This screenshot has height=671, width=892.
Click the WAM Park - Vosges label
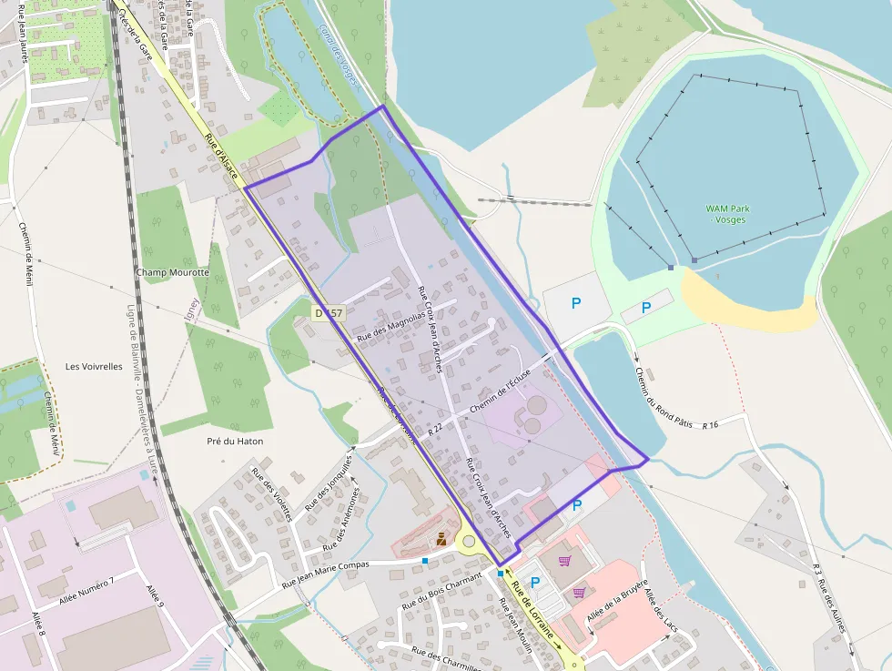727,214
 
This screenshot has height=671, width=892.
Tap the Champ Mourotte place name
172,272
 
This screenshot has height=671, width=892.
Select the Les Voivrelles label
94,367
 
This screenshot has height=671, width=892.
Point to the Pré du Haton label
235,442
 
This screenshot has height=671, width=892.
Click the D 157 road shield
329,312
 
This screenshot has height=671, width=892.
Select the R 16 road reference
710,425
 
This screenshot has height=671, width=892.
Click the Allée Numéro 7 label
86,595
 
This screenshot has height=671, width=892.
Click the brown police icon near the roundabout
441,539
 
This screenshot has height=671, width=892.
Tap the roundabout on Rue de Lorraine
470,544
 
